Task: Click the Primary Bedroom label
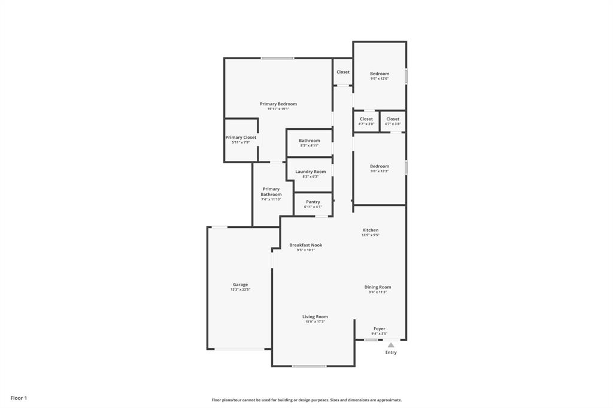click(278, 104)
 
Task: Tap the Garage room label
click(240, 285)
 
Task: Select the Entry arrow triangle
click(391, 345)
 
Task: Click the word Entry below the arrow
click(391, 352)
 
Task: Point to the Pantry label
click(312, 202)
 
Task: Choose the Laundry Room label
click(310, 172)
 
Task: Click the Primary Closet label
click(241, 138)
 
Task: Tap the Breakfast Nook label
click(305, 245)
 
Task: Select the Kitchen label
click(370, 230)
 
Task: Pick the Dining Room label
click(378, 287)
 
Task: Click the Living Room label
click(315, 317)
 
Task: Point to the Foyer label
click(380, 328)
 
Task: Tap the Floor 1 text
click(19, 398)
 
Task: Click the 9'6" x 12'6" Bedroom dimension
click(380, 79)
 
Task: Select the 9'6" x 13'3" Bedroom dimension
click(380, 171)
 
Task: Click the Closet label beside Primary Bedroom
click(343, 72)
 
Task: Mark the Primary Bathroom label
click(271, 191)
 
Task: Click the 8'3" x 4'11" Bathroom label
click(309, 141)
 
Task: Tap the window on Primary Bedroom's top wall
click(277, 58)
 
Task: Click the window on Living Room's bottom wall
click(309, 366)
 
